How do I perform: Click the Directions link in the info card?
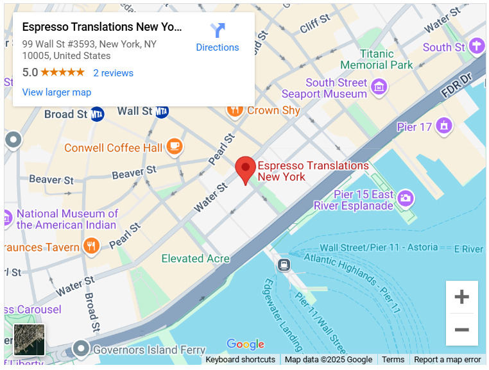pyautogui.click(x=218, y=38)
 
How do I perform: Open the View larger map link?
pyautogui.click(x=56, y=92)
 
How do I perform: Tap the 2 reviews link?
pyautogui.click(x=113, y=73)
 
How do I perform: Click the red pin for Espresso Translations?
pyautogui.click(x=245, y=169)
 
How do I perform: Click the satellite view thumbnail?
pyautogui.click(x=30, y=340)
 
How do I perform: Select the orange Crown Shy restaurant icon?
pyautogui.click(x=235, y=110)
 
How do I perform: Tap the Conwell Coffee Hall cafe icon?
pyautogui.click(x=175, y=147)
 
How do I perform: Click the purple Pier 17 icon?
pyautogui.click(x=443, y=126)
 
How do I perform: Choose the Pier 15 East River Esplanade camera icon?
pyautogui.click(x=405, y=198)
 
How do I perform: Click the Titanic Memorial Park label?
pyautogui.click(x=377, y=60)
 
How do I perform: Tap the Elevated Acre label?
pyautogui.click(x=195, y=258)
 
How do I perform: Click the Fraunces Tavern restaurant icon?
pyautogui.click(x=92, y=247)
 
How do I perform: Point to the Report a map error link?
pyautogui.click(x=447, y=360)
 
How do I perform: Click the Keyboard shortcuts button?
pyautogui.click(x=240, y=360)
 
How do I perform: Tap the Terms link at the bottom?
pyautogui.click(x=393, y=360)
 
